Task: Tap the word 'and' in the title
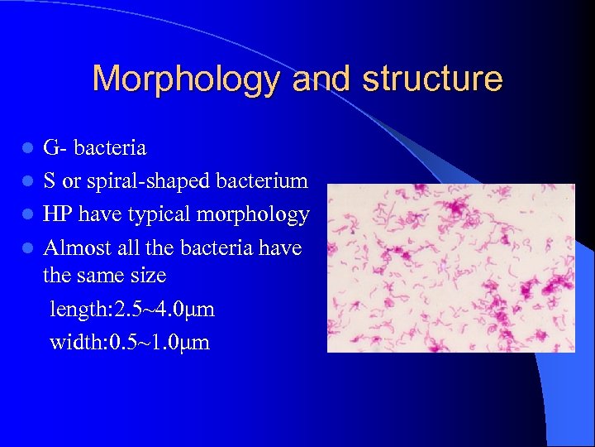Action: [x=322, y=79]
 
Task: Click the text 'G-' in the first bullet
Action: [x=56, y=149]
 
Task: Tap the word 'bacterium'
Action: [x=266, y=181]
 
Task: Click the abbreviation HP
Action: [x=58, y=214]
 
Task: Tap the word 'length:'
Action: [x=77, y=310]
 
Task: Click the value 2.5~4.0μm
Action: [x=161, y=310]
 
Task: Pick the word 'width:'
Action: [x=74, y=342]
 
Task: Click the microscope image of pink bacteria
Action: [x=450, y=267]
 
